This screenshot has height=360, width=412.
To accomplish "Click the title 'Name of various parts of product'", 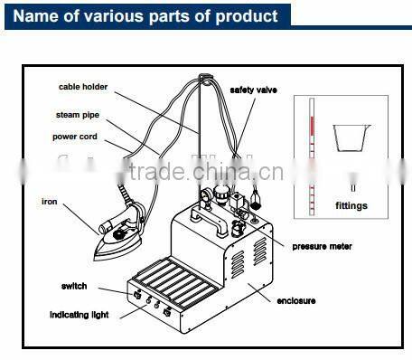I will click(145, 16).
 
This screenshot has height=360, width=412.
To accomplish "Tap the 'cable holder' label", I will click(84, 88).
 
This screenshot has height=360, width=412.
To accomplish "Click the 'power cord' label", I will click(75, 137).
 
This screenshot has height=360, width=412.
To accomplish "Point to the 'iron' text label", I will click(49, 201).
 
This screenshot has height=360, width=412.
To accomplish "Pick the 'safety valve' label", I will click(253, 90).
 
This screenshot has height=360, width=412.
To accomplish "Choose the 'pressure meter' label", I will click(321, 246).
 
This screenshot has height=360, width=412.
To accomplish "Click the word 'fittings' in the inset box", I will click(351, 206).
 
